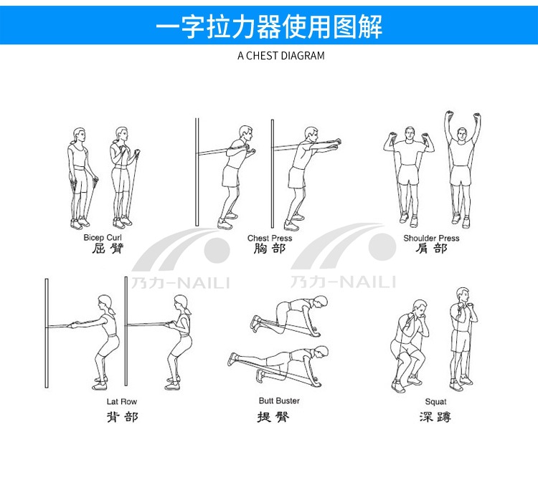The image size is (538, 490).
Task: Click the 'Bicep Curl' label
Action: pos(103,237)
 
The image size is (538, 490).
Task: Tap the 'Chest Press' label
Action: pos(270,238)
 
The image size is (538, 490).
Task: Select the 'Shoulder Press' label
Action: pos(431,238)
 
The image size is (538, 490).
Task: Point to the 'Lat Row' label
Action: pos(122,401)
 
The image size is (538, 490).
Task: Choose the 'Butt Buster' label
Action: pos(279,400)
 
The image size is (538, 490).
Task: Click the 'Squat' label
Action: pos(435,402)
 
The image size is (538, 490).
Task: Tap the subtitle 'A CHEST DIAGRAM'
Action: pos(281,55)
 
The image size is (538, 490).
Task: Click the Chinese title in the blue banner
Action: pos(269,27)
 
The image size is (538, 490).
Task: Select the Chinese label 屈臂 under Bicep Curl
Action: pos(108,249)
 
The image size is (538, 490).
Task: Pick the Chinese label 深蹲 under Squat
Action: pos(435,417)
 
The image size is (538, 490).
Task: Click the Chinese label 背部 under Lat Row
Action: pos(123,417)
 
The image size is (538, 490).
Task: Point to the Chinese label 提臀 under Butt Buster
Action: pos(273,417)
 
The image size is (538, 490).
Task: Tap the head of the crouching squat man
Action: pos(420,308)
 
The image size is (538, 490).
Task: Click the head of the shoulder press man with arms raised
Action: pos(462,135)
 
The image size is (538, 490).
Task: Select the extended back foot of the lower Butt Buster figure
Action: pos(233,359)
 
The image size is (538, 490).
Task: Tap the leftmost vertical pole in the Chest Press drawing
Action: pos(197,172)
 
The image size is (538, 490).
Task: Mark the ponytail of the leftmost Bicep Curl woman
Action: pos(72,142)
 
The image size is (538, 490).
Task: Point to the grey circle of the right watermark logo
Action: pos(382,246)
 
